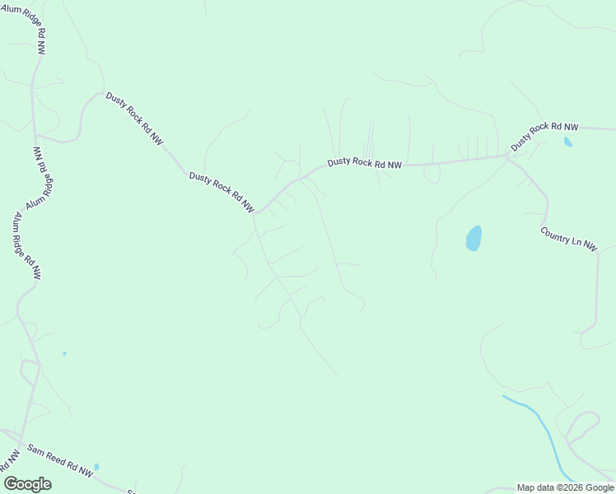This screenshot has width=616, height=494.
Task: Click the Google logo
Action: (x=27, y=484)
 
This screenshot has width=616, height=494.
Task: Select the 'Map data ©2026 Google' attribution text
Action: (x=565, y=487)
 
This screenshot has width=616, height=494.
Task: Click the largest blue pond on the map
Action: (x=474, y=239)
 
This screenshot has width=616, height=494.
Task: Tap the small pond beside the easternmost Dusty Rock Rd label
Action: (x=567, y=142)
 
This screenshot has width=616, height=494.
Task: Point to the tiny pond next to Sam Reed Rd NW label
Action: (x=96, y=467)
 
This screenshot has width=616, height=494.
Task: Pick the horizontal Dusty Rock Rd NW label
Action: (x=364, y=164)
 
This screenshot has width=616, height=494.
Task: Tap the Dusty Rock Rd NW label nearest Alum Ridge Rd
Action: (x=134, y=119)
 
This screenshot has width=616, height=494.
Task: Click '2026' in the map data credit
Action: (x=572, y=487)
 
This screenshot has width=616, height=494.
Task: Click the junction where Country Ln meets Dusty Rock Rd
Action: (x=508, y=157)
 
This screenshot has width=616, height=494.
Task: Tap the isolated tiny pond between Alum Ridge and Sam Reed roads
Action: (x=64, y=353)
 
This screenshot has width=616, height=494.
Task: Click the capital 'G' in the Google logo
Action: (x=11, y=484)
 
